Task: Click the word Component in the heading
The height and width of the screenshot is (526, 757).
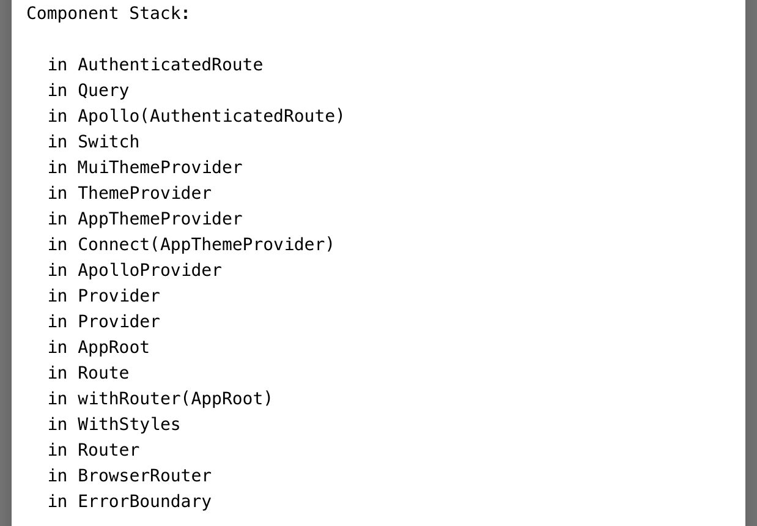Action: coord(72,13)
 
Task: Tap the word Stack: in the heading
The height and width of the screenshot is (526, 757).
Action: coord(160,13)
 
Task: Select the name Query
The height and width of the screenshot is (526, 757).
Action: coord(103,91)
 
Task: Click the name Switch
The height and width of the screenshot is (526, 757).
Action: coord(108,142)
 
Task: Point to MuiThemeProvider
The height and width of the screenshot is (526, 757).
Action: coord(160,168)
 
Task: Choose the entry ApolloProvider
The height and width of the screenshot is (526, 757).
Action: coord(149,270)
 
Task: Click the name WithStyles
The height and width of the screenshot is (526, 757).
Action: coord(129,424)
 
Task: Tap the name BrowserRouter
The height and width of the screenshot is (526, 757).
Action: coord(144,476)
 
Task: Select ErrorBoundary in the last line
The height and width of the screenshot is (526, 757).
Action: coord(144,502)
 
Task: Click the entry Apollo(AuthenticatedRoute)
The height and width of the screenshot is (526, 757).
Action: coord(211,116)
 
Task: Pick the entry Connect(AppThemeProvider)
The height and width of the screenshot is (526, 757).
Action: coord(206,245)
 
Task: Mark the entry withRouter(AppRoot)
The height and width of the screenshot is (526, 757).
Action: coord(175,399)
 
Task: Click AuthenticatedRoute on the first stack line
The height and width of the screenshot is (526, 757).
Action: coord(170,65)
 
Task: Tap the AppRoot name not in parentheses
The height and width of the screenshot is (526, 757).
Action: coord(113,347)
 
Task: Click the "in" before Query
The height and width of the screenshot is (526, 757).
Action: coord(57,91)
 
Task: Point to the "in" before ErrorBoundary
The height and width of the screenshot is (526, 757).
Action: coord(57,502)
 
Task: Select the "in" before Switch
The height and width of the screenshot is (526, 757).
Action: coord(57,142)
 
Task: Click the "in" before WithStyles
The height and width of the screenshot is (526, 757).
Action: coord(57,424)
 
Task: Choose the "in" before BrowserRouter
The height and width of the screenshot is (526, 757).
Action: coord(57,476)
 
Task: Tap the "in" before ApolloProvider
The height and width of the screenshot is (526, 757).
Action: coord(57,270)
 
